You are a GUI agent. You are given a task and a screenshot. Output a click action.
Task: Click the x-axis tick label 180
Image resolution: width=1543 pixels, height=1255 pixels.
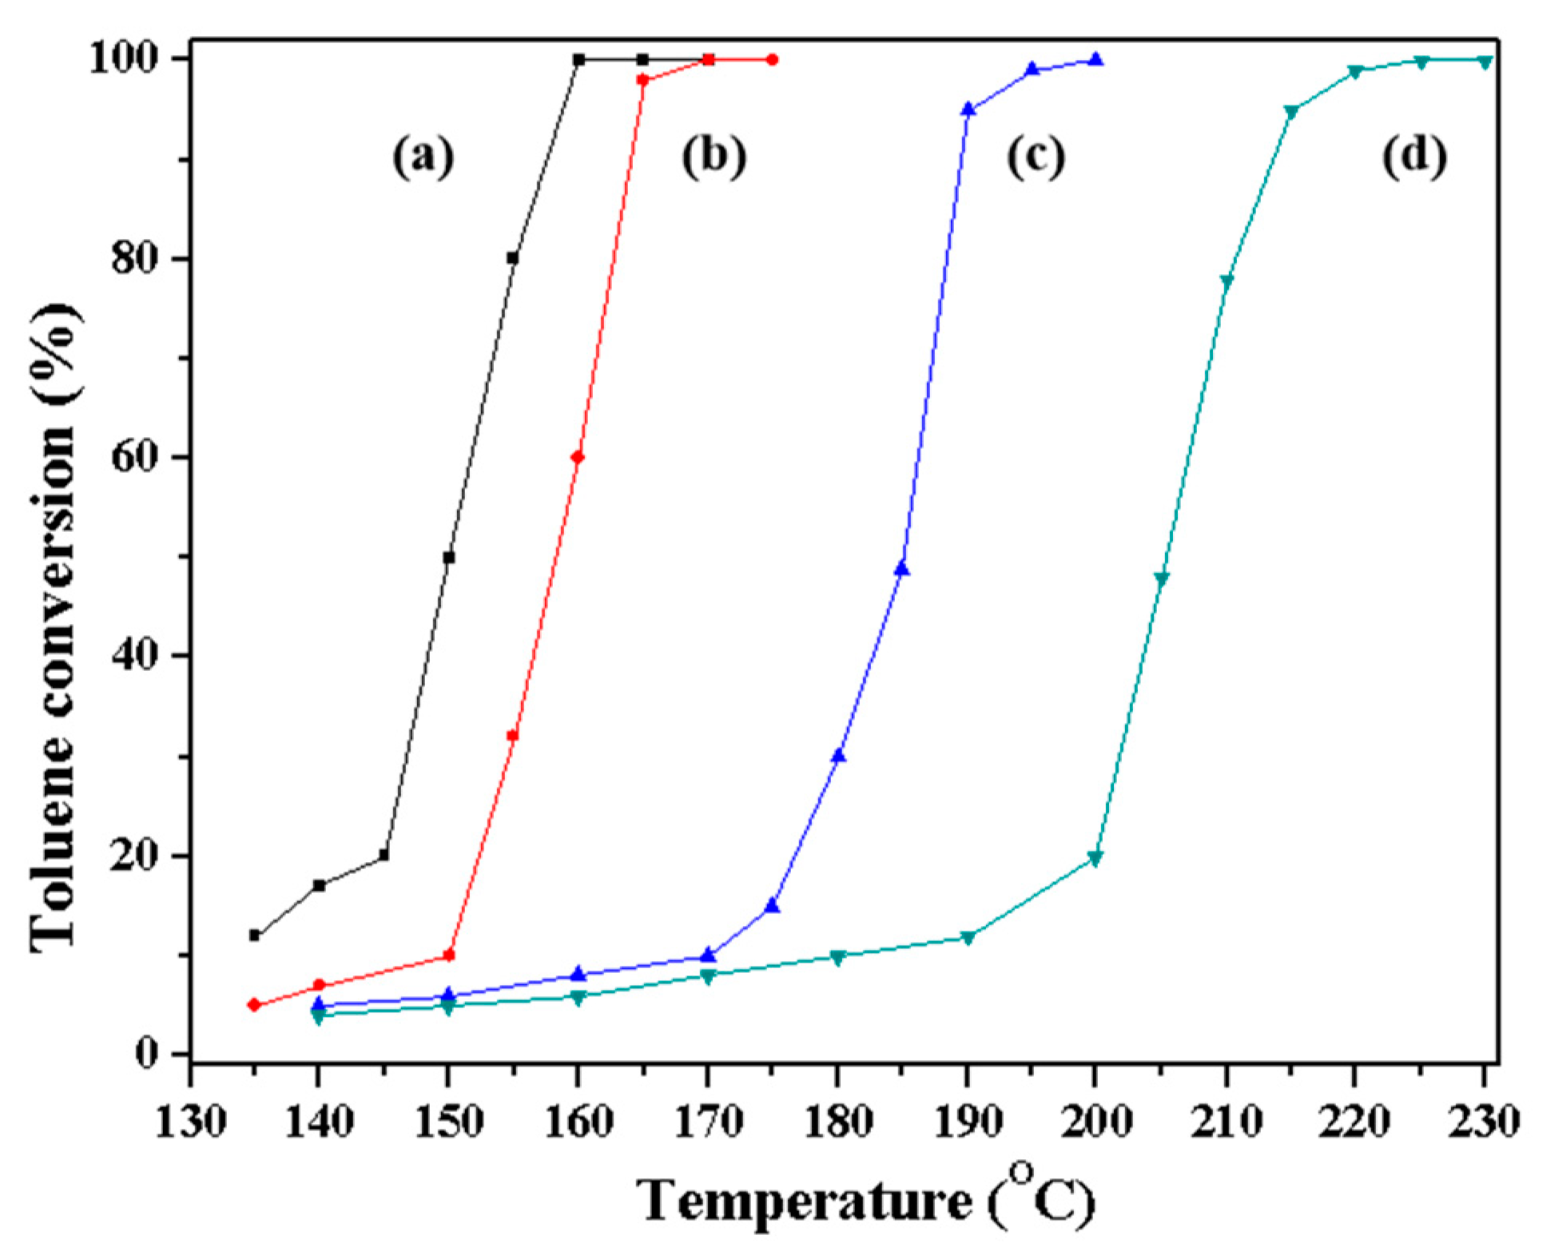click(x=837, y=1122)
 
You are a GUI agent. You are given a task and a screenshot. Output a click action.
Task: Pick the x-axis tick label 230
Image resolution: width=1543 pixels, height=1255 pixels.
click(x=1484, y=1122)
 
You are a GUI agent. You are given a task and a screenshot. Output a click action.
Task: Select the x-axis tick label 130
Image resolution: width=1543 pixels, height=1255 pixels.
click(x=190, y=1122)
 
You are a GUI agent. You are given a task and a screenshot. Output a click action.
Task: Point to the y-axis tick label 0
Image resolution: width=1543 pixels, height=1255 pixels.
click(x=145, y=1054)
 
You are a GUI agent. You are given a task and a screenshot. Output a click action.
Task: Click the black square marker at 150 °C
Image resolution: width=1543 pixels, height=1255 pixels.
click(x=449, y=558)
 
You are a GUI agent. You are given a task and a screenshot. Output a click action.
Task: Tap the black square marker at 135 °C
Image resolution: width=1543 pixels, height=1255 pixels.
click(x=255, y=935)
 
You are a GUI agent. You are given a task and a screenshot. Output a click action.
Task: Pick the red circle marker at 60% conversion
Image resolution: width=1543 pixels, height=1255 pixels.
click(x=578, y=458)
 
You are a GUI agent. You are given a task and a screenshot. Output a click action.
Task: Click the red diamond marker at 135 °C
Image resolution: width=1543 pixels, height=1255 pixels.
click(x=255, y=1005)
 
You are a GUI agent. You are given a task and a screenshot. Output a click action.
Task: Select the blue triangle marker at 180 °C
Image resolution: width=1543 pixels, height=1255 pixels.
click(x=838, y=756)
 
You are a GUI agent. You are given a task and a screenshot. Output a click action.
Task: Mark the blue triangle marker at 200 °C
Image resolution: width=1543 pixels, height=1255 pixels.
click(x=1096, y=60)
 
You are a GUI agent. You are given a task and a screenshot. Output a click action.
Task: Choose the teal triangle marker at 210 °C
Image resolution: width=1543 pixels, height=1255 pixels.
click(x=1227, y=281)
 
